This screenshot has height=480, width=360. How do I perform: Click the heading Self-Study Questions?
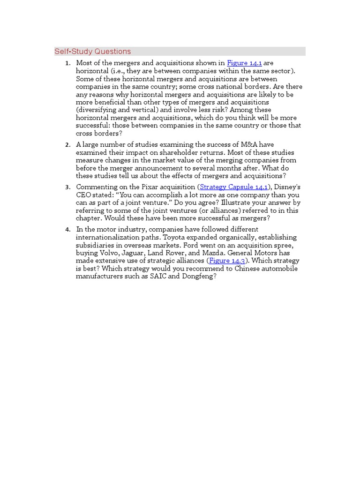93,52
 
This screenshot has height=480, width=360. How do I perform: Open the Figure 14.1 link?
244,63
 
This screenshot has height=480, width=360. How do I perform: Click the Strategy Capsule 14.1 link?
233,187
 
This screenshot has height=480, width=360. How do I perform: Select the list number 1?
68,63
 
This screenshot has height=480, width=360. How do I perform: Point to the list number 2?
68,145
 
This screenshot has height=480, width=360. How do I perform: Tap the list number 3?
68,187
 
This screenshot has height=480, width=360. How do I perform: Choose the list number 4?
68,230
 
